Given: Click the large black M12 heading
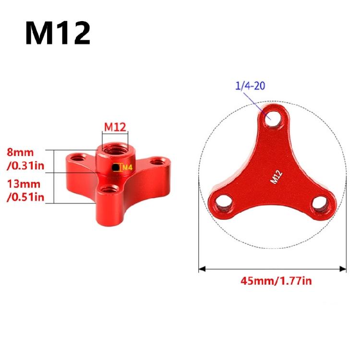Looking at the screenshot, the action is point(58,33).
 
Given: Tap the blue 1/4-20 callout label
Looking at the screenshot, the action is point(250,86).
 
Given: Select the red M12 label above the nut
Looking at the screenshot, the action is point(115,127).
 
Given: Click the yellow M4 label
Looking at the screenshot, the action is point(127,168).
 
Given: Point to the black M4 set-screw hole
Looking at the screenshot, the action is point(116,168).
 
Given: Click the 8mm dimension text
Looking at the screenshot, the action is point(20,152).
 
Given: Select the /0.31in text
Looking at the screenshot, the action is point(25,166).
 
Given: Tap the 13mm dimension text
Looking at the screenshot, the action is point(24,184).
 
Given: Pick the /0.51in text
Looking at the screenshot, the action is point(25,197).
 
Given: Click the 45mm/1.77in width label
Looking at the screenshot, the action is point(276,281).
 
